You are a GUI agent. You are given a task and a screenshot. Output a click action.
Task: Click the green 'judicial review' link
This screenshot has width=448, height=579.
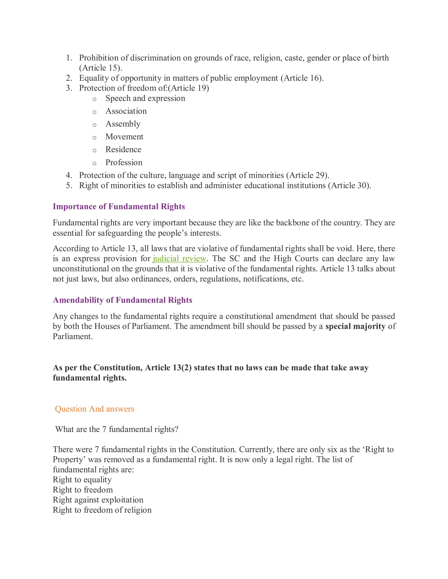coord(179,258)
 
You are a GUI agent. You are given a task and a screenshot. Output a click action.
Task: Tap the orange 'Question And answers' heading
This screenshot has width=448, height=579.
coord(94,409)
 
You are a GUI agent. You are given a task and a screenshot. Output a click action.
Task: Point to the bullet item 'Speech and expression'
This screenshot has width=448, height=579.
coord(145,98)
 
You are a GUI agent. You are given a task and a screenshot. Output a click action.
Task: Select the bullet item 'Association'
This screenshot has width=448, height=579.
coord(126,111)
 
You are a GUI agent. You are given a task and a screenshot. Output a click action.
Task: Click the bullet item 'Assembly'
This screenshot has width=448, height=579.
coord(123,124)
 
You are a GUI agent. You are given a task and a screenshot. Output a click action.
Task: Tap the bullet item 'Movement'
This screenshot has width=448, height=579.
coord(124,137)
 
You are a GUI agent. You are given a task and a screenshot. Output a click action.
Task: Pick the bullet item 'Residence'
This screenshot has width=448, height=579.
coord(123,149)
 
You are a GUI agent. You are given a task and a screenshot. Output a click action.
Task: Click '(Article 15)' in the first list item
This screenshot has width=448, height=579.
coord(101,68)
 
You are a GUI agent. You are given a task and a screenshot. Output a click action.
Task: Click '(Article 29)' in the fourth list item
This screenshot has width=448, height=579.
coord(308,175)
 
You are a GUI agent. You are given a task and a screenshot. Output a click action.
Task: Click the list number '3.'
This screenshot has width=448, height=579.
coord(69,88)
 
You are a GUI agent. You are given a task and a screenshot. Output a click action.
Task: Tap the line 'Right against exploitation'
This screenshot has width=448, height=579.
coord(98,500)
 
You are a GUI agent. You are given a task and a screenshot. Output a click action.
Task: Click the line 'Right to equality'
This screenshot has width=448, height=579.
coord(82,480)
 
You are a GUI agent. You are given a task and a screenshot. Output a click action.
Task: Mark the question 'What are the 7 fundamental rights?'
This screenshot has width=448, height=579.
coord(117,429)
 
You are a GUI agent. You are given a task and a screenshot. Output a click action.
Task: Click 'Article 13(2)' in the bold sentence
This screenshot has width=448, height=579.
coord(168,368)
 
